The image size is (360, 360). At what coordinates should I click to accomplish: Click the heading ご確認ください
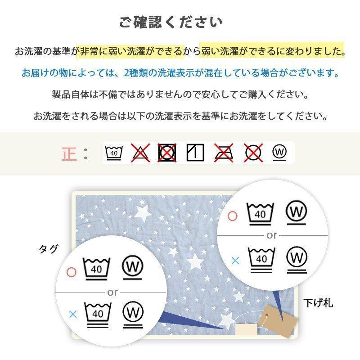(171, 22)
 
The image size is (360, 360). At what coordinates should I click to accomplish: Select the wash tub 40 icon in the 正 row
(114, 153)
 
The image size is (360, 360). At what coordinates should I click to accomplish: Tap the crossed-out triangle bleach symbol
(140, 153)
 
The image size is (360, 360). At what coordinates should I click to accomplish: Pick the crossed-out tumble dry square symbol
(167, 153)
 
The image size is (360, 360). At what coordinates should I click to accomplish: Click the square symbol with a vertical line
(195, 153)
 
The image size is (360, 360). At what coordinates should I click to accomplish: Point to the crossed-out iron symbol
(224, 153)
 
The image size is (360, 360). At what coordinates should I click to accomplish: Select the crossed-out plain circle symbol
(253, 153)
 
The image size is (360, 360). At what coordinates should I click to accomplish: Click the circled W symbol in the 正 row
(279, 153)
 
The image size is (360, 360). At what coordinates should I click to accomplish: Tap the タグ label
(49, 249)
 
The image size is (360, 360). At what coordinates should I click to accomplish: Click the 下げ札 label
(318, 303)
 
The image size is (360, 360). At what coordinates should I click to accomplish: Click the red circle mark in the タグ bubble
(72, 272)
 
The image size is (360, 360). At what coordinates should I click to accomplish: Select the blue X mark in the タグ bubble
(73, 314)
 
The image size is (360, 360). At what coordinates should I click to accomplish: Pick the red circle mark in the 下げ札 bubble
(232, 216)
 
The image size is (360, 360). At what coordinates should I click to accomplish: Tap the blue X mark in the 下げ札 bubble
(235, 261)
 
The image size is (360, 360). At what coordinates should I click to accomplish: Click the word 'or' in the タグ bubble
(112, 292)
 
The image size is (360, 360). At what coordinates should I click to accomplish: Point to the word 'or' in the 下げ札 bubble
(272, 235)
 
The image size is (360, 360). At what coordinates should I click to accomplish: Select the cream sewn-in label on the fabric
(246, 329)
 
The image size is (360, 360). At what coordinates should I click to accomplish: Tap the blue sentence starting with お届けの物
(180, 73)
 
